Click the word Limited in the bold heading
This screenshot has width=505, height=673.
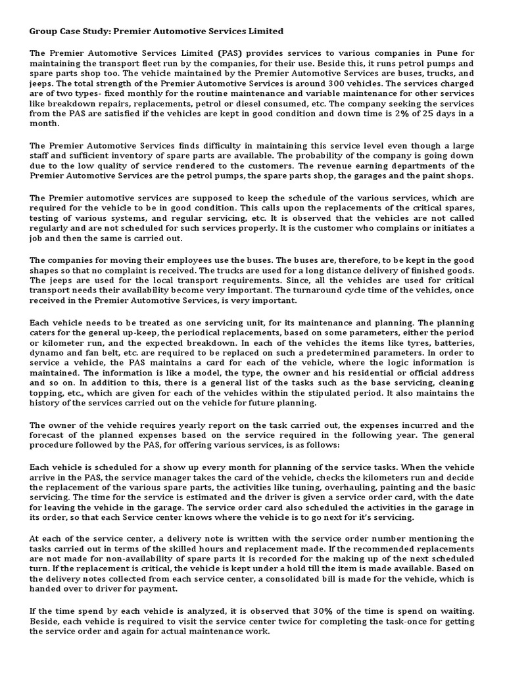click(x=263, y=31)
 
